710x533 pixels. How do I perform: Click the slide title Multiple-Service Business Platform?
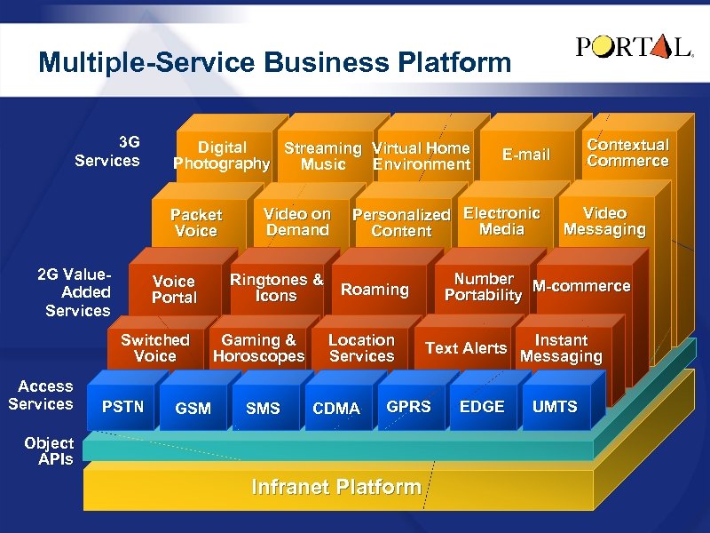[x=275, y=63]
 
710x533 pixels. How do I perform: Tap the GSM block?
[x=193, y=409]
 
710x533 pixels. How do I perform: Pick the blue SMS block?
[x=263, y=409]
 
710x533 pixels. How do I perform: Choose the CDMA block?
[x=336, y=409]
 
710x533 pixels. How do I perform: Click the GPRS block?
[x=408, y=407]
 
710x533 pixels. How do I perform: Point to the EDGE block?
[x=482, y=407]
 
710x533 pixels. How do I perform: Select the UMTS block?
[x=555, y=407]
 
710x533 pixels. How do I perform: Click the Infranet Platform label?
[x=336, y=487]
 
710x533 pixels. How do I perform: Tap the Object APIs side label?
[x=49, y=451]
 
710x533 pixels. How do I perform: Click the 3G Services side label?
[x=107, y=152]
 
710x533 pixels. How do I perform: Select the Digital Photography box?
[x=221, y=155]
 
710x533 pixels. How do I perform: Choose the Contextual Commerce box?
[x=627, y=153]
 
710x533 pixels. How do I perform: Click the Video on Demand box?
[x=297, y=222]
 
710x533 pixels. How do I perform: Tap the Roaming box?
[x=375, y=290]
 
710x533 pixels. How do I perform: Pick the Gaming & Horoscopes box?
[x=258, y=348]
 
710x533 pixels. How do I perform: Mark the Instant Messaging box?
[x=561, y=348]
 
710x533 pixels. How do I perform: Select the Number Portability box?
[x=483, y=287]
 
